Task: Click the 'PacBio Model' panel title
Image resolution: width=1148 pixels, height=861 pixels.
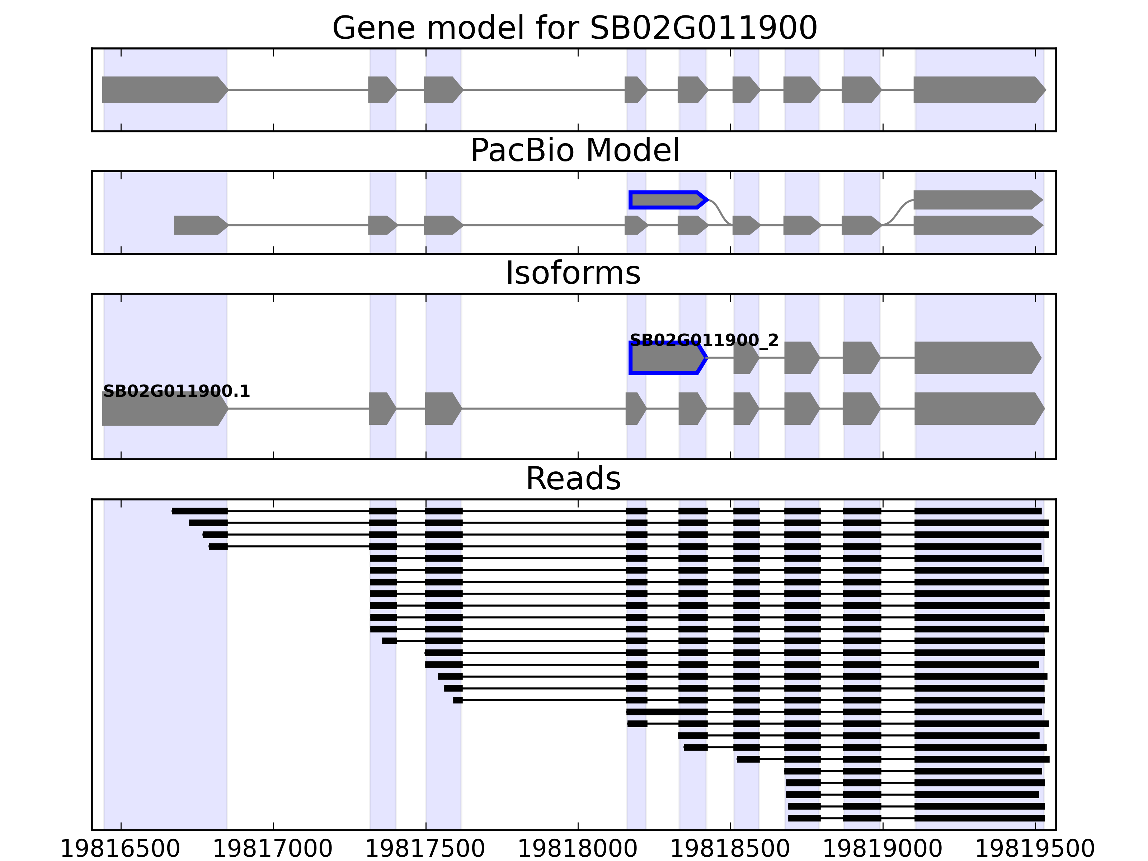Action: (574, 151)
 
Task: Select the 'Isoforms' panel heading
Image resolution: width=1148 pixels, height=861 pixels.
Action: (573, 273)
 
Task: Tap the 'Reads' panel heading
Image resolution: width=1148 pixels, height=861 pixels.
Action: (573, 479)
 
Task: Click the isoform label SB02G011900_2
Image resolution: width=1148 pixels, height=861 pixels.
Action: (704, 340)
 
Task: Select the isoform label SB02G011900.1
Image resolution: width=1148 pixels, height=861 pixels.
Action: (177, 391)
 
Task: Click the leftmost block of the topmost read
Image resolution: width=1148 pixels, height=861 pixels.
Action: (199, 511)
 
